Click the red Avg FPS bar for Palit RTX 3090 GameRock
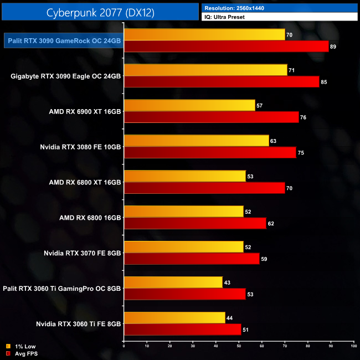226,47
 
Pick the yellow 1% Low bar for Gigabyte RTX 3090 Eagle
205,70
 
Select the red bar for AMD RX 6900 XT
211,117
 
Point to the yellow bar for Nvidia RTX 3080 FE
196,141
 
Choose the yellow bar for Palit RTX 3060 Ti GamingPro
173,282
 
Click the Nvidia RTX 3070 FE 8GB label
83,253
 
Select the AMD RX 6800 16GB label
90,218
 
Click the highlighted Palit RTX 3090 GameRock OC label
64,40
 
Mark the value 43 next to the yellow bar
227,282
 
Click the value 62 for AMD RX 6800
270,224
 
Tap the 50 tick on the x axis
239,346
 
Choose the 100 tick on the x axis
353,346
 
